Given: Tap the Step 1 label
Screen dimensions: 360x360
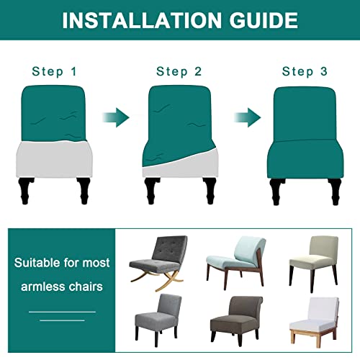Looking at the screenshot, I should point(55,71).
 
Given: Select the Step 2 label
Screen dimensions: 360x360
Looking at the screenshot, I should point(179,71).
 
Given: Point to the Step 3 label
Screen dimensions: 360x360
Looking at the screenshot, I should point(305,71).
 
